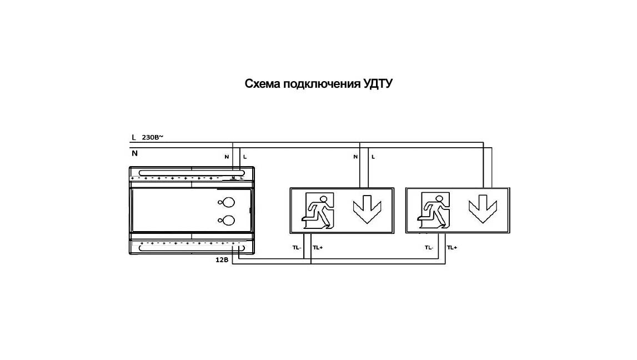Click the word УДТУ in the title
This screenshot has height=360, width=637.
[378, 84]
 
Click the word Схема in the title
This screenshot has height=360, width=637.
[263, 84]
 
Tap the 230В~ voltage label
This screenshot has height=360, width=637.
[152, 137]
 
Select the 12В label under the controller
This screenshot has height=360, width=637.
[222, 259]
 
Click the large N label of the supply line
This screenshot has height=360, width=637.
[134, 153]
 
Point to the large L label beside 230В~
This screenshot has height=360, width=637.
[134, 138]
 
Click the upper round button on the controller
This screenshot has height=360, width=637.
[229, 202]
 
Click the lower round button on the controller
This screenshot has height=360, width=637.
[229, 220]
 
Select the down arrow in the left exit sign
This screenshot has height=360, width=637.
[367, 209]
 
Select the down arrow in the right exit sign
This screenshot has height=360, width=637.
[483, 209]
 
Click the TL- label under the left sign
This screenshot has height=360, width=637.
[297, 247]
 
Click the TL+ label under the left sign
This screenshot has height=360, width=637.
[318, 247]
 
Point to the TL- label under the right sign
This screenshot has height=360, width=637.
[429, 247]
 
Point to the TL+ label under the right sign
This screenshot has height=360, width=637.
[452, 247]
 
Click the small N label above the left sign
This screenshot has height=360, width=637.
[355, 157]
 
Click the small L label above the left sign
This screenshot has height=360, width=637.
[373, 157]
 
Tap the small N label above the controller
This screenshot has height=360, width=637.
[227, 157]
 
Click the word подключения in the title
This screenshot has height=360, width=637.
[322, 84]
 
